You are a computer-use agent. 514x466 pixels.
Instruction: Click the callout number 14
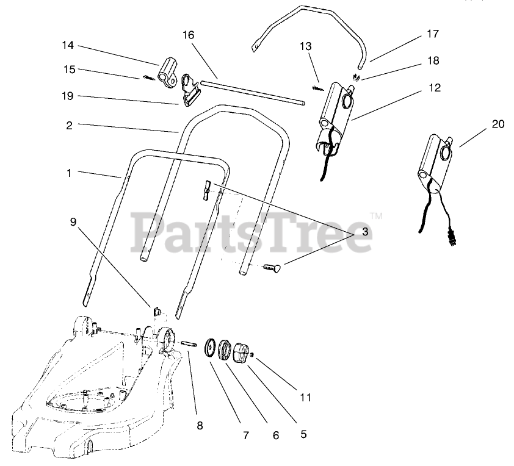point(68,45)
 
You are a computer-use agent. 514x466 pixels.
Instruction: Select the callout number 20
point(498,124)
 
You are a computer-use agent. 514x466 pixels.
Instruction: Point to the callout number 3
point(364,232)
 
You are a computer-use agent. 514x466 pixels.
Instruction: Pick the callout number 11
point(305,398)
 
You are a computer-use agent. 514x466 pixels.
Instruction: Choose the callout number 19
point(68,96)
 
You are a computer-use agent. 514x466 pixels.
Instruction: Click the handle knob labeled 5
point(240,354)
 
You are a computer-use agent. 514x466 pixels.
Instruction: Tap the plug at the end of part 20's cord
point(452,238)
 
